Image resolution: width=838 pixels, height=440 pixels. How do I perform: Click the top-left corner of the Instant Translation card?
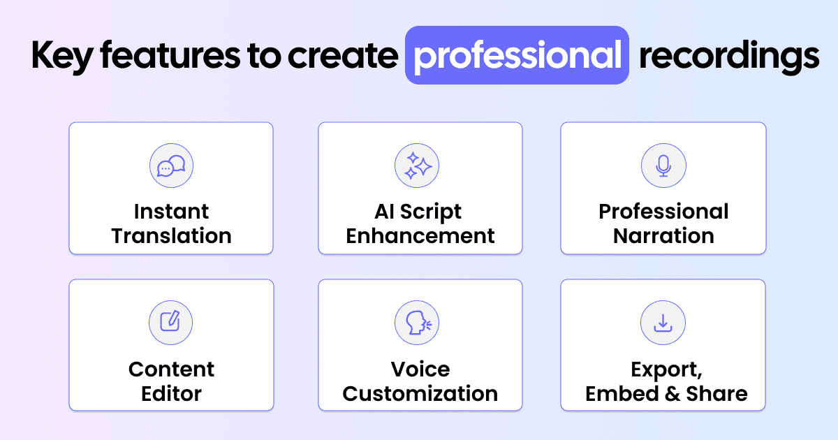(69, 122)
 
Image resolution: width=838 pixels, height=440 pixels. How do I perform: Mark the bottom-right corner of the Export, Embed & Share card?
(766, 411)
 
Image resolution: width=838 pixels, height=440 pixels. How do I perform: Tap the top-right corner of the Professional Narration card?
(766, 122)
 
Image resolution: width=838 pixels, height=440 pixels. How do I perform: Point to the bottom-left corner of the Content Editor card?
(69, 411)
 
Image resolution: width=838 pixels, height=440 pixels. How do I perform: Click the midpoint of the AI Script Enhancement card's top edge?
(420, 122)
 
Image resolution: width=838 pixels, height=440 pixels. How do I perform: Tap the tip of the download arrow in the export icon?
(663, 327)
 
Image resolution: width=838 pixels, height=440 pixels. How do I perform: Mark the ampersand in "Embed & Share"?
(672, 394)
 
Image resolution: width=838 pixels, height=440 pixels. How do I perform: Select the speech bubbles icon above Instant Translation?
(171, 166)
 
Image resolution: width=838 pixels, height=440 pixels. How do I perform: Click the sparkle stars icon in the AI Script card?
(417, 166)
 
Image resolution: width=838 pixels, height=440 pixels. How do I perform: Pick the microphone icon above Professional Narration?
(663, 166)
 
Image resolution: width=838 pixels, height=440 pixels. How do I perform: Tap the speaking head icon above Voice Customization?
(417, 322)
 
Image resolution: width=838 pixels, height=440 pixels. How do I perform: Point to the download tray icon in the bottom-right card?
(663, 322)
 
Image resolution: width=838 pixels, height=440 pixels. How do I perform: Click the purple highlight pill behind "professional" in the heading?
(517, 55)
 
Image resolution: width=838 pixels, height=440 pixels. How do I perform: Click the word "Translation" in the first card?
(171, 236)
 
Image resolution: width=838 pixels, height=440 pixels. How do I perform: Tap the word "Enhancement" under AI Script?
(420, 236)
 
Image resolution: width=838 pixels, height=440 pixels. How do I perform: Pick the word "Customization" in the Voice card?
(420, 394)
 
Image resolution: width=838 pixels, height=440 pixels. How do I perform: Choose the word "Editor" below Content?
(171, 394)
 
